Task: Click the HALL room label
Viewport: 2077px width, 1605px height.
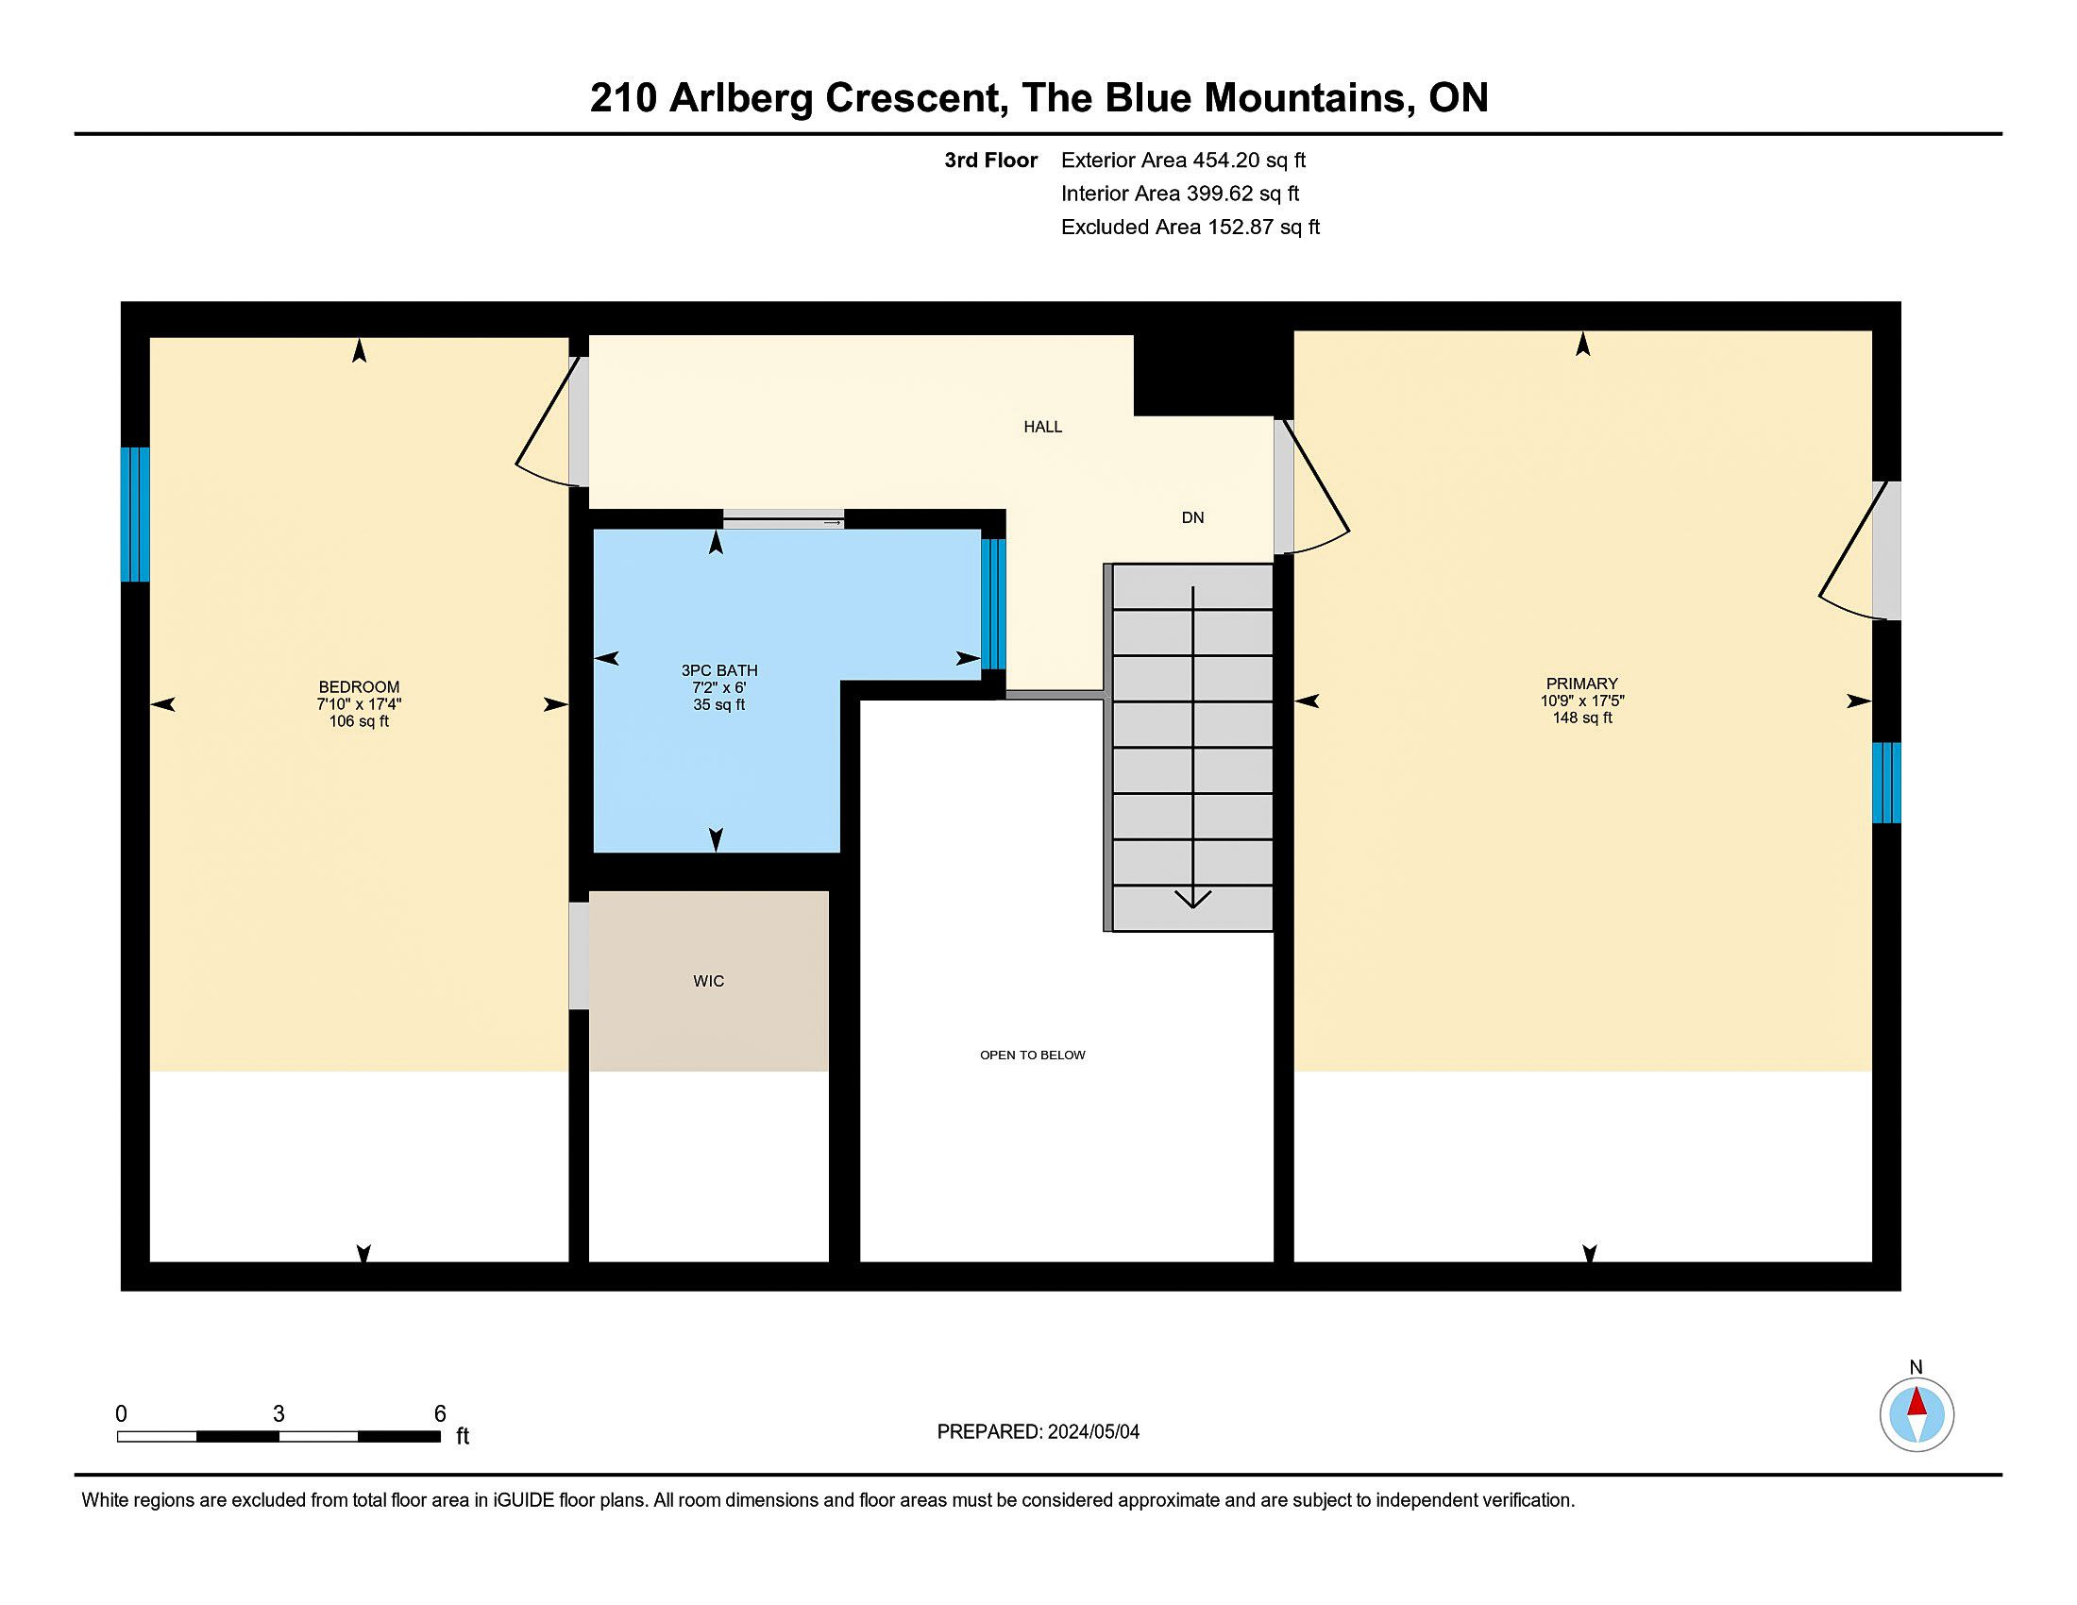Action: tap(1042, 427)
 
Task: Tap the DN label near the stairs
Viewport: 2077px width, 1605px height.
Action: tap(1192, 517)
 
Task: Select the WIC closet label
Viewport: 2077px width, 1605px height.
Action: tap(708, 981)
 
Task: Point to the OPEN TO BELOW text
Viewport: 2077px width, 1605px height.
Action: tap(1033, 1055)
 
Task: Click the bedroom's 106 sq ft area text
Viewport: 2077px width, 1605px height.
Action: tap(359, 721)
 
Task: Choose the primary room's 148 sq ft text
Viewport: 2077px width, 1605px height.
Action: tap(1581, 718)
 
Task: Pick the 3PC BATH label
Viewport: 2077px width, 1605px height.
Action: tap(719, 670)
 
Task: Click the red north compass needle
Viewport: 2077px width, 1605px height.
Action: tap(1917, 1403)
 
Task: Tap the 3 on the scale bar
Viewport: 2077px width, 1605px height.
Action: tap(279, 1414)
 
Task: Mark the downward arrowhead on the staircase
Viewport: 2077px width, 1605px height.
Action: tap(1192, 899)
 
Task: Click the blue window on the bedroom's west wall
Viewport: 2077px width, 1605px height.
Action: tap(135, 515)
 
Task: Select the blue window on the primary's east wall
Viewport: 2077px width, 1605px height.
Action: tap(1887, 783)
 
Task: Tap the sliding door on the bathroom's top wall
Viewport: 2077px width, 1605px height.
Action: tap(783, 519)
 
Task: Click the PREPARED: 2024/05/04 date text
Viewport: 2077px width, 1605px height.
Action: tap(1038, 1432)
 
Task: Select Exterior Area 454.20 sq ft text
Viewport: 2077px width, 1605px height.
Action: tap(1184, 160)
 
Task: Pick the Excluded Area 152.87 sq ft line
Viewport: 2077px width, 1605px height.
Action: tap(1190, 228)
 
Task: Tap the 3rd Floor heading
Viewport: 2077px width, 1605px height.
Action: tap(991, 160)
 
